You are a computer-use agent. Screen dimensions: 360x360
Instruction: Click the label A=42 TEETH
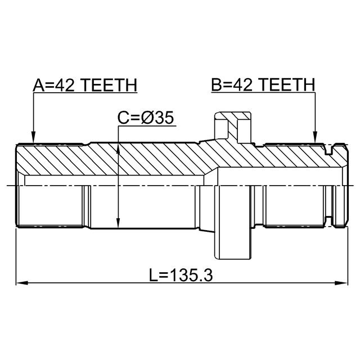(x=85, y=85)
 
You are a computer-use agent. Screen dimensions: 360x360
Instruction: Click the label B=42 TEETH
(x=263, y=84)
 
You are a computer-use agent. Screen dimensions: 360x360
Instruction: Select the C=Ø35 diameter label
(x=146, y=118)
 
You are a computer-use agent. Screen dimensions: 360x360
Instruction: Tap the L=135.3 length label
(x=181, y=275)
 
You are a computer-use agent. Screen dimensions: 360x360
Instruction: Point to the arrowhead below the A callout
(x=34, y=137)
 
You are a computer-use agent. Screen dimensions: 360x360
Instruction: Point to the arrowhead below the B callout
(x=315, y=137)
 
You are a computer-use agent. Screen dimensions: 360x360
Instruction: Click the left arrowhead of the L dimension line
(x=22, y=283)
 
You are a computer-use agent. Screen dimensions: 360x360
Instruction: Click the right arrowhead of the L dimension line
(x=342, y=283)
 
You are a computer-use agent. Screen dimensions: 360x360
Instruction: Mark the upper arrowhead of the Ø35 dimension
(x=118, y=149)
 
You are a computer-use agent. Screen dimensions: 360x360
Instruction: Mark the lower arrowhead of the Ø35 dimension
(x=118, y=222)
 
